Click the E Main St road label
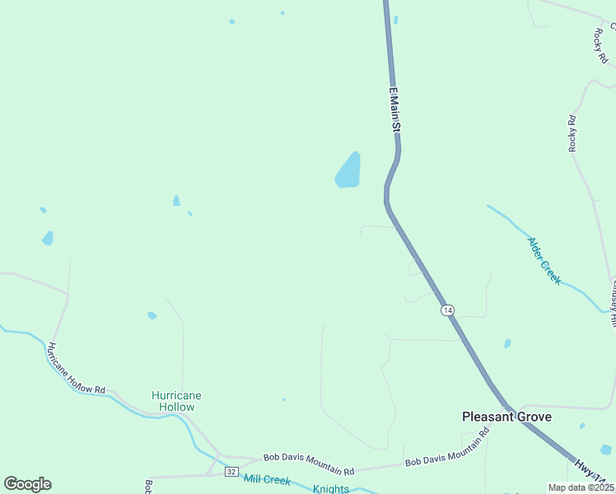click(394, 110)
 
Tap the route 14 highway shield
click(446, 310)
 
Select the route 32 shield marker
click(231, 472)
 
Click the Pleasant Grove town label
click(506, 417)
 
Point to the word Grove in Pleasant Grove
click(534, 417)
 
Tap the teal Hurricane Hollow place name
click(176, 401)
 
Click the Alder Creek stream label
click(544, 260)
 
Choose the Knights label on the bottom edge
click(331, 489)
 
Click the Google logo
click(27, 483)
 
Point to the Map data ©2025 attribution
click(581, 487)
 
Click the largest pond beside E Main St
click(348, 170)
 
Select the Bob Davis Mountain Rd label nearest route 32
click(308, 464)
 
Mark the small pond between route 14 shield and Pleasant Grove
click(507, 343)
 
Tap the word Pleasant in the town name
click(488, 417)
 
